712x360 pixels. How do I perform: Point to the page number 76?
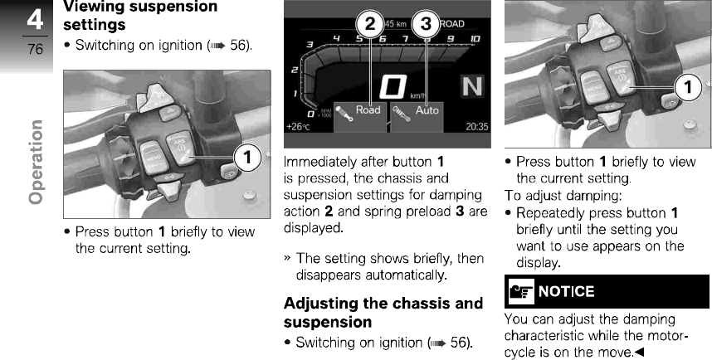point(35,49)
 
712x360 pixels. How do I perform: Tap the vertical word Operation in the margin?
point(35,162)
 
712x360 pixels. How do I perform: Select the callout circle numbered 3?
point(426,24)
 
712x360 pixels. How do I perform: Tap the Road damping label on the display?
point(368,109)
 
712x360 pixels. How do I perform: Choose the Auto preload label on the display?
point(427,109)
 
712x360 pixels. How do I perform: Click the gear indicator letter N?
point(472,87)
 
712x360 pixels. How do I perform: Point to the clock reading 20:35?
point(477,127)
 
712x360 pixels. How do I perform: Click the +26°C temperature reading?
point(296,127)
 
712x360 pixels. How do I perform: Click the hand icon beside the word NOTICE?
point(519,291)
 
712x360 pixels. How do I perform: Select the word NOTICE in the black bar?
point(566,291)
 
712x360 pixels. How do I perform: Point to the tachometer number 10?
point(475,39)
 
